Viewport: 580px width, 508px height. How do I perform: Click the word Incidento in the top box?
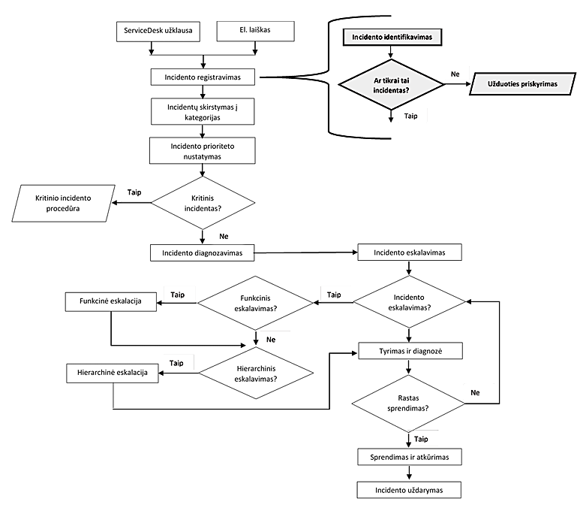point(368,37)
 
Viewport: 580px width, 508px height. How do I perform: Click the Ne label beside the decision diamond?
point(455,74)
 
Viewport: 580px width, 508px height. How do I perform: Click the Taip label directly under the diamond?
point(411,116)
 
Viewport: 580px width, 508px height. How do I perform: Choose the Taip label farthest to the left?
point(134,192)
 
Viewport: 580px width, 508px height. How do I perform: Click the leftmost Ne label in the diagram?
point(223,236)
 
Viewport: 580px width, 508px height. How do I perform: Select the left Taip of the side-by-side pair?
point(177,295)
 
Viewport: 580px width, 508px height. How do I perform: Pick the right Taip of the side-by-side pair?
point(334,295)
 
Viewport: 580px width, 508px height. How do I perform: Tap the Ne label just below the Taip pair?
point(271,340)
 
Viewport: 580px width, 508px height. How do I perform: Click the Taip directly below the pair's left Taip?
point(176,363)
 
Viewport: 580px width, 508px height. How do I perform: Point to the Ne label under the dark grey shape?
point(475,392)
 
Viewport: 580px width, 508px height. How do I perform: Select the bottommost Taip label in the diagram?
point(421,439)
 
